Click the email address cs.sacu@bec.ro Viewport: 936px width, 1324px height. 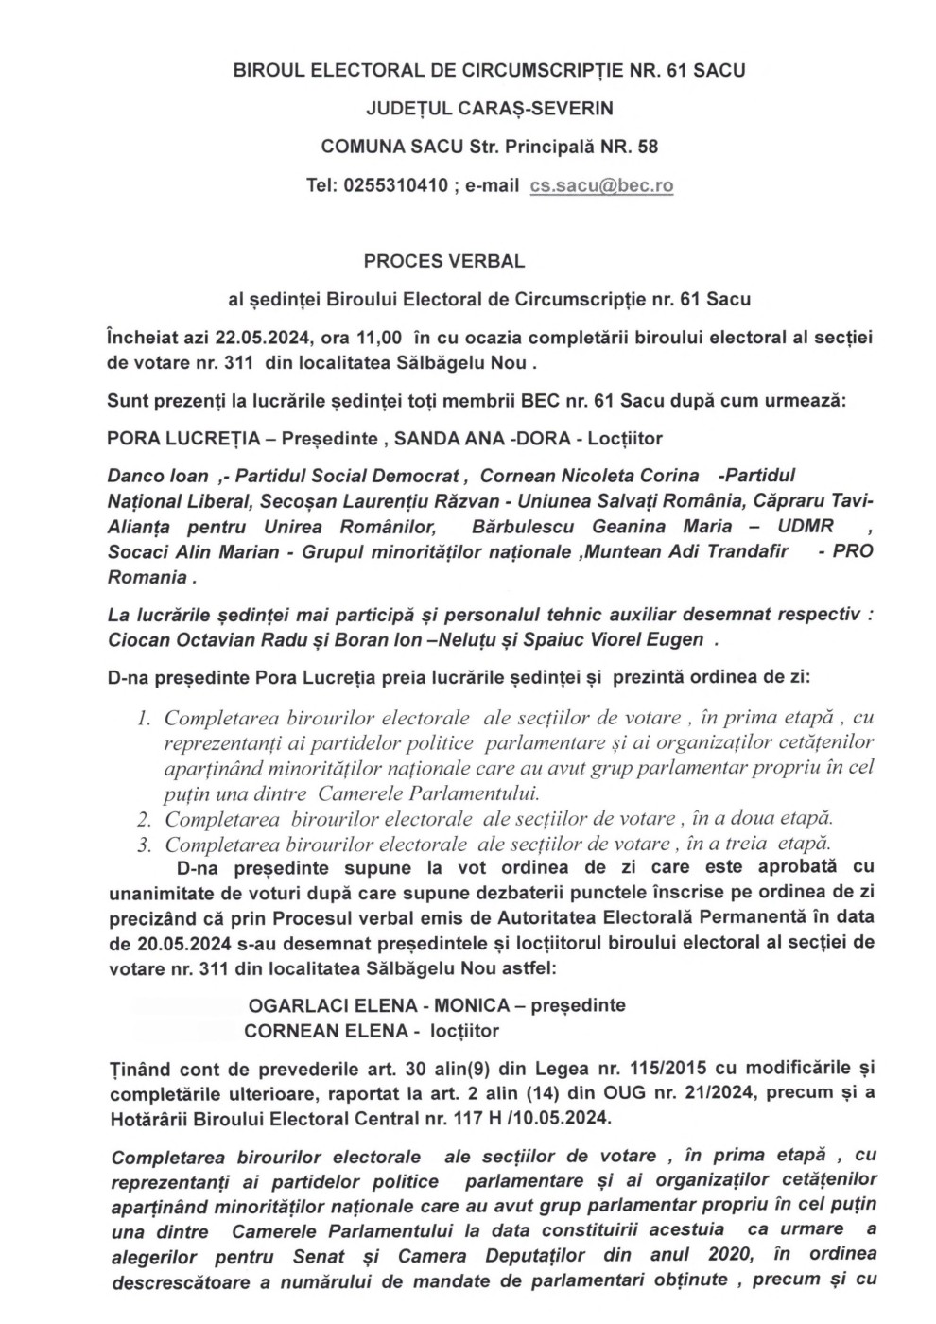[601, 185]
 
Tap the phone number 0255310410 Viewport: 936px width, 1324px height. [396, 185]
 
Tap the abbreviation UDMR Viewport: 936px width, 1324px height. [793, 527]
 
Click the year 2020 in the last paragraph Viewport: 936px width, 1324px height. [729, 1256]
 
